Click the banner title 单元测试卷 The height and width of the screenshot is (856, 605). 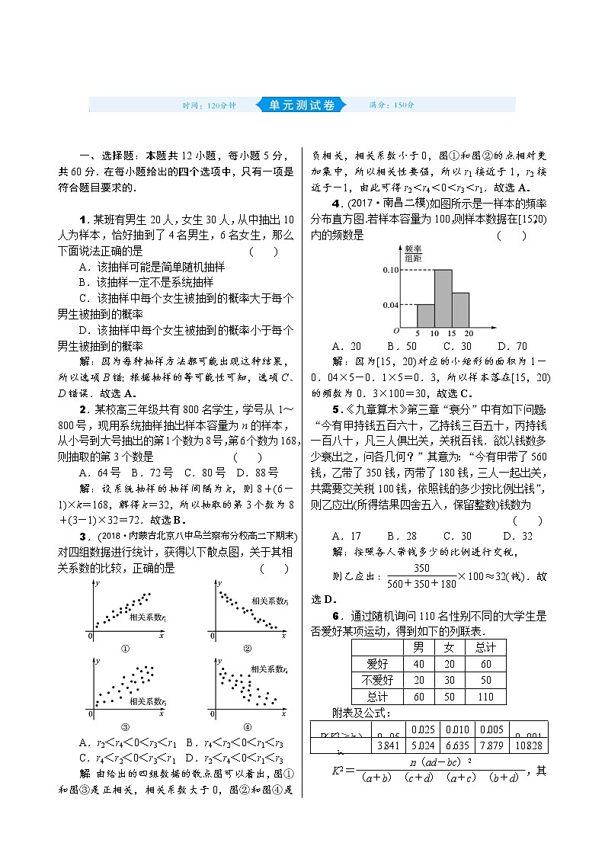click(302, 105)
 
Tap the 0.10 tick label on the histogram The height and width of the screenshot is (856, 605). click(390, 271)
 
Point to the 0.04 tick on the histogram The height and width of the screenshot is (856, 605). click(390, 305)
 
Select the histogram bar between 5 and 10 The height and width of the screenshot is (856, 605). click(426, 316)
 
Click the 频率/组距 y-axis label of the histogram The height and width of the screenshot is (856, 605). click(413, 253)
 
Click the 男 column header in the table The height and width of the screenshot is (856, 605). click(418, 647)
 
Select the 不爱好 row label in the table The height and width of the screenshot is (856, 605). click(378, 680)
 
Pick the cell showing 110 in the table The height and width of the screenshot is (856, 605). click(485, 697)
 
